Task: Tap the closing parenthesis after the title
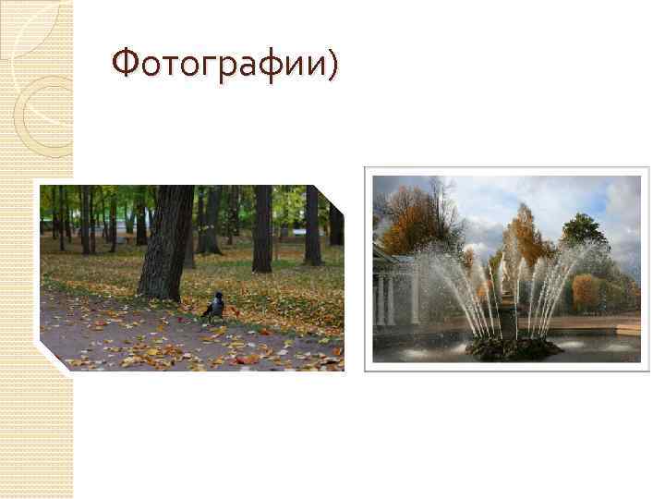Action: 332,64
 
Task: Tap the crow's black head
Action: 219,297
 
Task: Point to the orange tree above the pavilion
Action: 411,222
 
